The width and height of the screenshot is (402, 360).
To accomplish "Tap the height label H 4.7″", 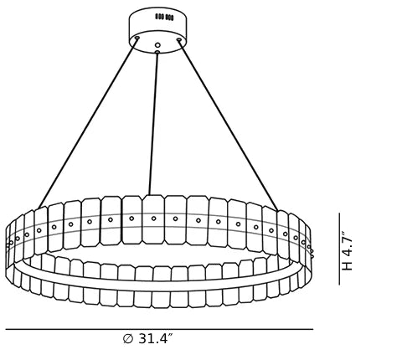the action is tap(348, 251).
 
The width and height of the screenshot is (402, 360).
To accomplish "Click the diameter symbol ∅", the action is tap(128, 339).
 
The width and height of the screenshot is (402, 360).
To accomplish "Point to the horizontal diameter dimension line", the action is tap(159, 329).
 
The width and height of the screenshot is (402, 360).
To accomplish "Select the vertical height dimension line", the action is tap(339, 249).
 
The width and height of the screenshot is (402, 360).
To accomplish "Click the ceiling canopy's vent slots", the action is tap(164, 17).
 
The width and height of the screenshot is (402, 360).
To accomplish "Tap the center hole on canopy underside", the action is tap(157, 44).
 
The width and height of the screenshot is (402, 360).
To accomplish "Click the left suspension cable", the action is tap(88, 123).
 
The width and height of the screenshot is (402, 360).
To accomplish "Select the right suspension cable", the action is tap(228, 126).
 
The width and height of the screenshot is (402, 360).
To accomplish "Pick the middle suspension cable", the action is tap(153, 123).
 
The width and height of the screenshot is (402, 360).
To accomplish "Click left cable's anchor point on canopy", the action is tap(137, 38).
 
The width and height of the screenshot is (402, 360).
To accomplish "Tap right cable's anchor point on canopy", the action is tap(179, 40).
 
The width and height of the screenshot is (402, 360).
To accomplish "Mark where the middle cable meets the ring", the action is tap(149, 195).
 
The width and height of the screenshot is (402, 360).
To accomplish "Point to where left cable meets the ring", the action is tap(39, 208).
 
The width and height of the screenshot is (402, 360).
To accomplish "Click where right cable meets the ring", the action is tap(278, 210).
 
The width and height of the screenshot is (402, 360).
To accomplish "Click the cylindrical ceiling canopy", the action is tap(157, 30).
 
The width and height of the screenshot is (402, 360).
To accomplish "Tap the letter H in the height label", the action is tap(348, 266).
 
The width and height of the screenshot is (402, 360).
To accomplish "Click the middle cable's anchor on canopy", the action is tap(157, 52).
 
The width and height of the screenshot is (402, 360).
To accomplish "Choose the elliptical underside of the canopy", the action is tap(157, 42).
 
